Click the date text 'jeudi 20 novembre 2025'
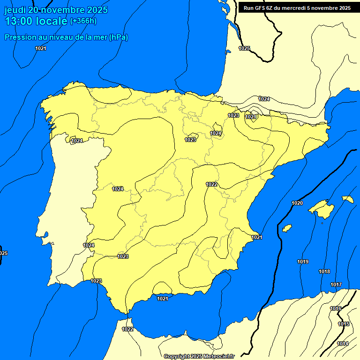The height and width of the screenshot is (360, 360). coord(56,10)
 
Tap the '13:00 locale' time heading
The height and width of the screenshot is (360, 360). coord(36,21)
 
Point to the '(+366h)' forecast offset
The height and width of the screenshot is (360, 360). coord(83,21)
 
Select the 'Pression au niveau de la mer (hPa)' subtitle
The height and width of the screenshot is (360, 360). coord(66,37)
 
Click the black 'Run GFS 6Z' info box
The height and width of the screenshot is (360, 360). coord(297,8)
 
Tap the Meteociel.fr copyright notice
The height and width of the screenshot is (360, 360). coord(199,356)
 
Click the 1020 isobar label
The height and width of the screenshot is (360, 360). coord(297,203)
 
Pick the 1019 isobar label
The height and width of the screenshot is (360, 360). coord(303,262)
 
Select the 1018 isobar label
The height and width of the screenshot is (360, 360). coord(324,271)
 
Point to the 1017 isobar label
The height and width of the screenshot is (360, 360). coord(336,285)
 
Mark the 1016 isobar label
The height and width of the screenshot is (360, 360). coord(336,308)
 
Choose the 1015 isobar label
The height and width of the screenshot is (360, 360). coord(344,324)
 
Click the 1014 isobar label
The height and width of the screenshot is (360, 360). coord(343,344)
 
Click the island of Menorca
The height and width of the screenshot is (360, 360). coord(347,199)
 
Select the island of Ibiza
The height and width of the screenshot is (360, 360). coord(287,228)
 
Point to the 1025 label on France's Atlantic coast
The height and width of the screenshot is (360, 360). coord(244,48)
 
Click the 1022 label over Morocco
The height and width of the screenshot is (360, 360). coord(127,329)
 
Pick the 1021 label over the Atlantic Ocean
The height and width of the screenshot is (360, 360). coord(41,48)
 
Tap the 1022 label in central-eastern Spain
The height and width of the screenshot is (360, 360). coord(211,184)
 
